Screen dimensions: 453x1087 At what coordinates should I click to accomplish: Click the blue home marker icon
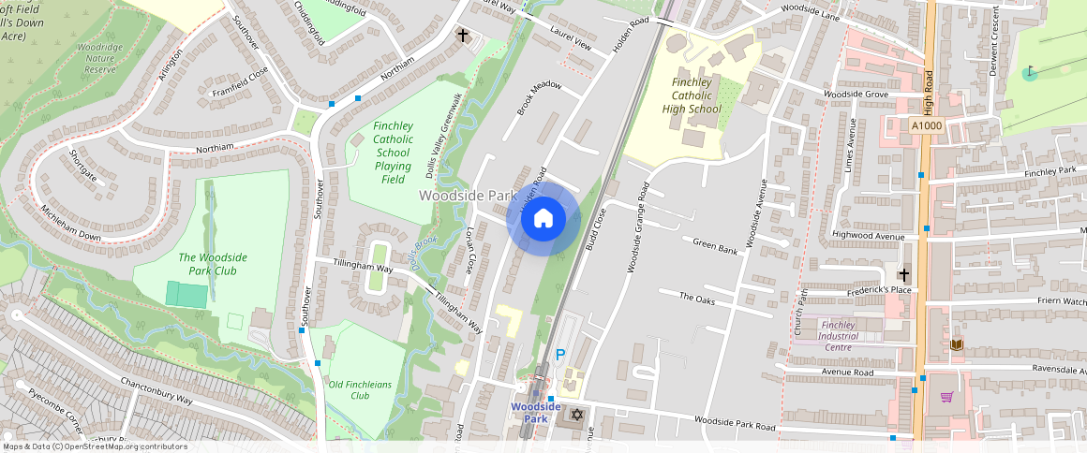coord(543,219)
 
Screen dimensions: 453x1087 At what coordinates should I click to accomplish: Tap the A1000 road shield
coord(926,124)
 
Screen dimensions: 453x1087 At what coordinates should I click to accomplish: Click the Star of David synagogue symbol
coord(577,414)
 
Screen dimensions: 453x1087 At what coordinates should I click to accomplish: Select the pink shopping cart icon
coord(946,397)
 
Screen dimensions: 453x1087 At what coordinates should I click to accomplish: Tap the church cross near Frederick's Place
coord(903,274)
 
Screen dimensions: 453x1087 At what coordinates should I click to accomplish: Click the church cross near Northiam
coord(462,36)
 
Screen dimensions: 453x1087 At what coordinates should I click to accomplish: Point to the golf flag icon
coord(1030,72)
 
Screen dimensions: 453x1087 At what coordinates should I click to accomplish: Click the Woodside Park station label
coord(535,413)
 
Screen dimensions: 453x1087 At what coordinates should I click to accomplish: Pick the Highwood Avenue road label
coord(868,236)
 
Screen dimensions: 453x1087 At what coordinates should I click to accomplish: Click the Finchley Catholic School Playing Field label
coord(393,153)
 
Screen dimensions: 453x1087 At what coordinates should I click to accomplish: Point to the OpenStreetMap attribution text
coord(95,446)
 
